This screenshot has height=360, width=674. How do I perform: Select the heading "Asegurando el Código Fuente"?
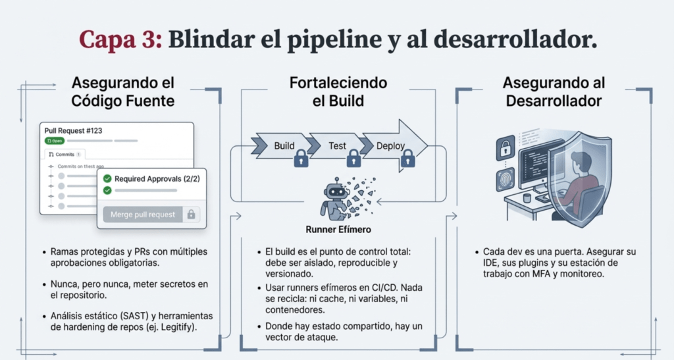click(x=123, y=92)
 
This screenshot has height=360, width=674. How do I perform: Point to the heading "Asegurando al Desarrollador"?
click(x=552, y=92)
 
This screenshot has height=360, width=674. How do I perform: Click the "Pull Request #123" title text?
click(x=74, y=131)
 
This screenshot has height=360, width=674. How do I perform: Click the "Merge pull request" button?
click(x=143, y=215)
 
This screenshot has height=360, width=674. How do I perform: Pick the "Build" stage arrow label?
click(x=284, y=145)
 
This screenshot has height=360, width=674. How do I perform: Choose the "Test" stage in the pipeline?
click(x=337, y=145)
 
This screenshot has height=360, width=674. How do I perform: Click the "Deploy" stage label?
click(x=390, y=145)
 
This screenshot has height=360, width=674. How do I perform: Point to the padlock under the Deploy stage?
click(x=407, y=158)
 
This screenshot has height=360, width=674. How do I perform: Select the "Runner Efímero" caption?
click(x=337, y=230)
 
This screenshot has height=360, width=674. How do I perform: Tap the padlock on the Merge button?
click(x=191, y=215)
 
